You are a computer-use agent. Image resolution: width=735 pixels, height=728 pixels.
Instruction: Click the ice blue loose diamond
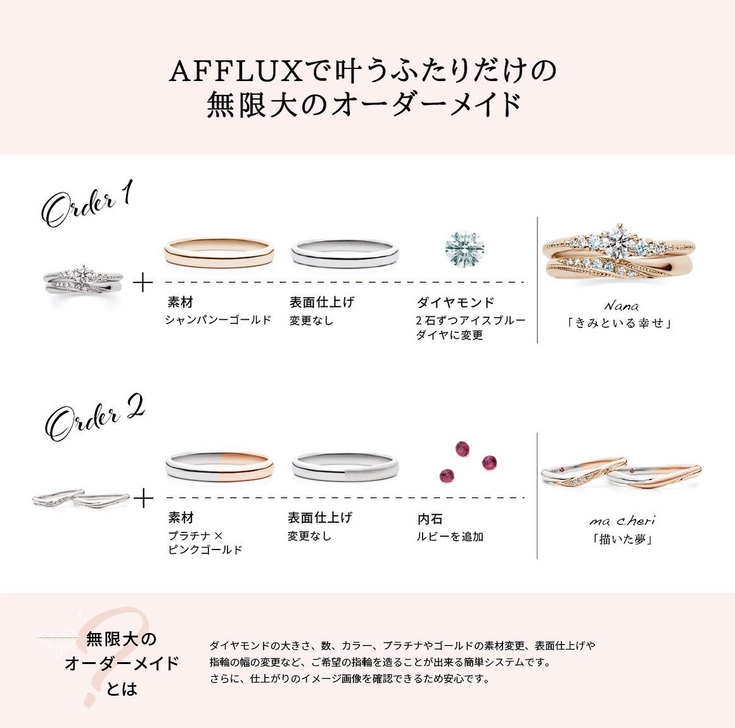[x=464, y=248]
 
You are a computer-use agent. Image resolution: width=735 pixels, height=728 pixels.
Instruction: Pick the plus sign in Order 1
[x=143, y=283]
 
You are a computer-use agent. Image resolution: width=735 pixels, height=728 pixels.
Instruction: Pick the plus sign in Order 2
[x=143, y=498]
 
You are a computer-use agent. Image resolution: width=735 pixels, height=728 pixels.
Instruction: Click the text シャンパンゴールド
[x=219, y=320]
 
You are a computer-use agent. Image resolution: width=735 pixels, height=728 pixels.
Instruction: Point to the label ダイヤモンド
[x=456, y=303]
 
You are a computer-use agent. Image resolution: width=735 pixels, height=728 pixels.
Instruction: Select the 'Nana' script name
[x=622, y=306]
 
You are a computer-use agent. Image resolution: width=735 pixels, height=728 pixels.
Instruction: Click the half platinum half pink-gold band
[x=219, y=466]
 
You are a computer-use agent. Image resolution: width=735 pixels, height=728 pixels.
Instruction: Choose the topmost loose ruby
[x=463, y=448]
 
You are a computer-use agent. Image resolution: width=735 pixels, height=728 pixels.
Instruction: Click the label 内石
[x=430, y=518]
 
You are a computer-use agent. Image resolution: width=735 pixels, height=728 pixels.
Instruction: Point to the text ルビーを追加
[x=450, y=536]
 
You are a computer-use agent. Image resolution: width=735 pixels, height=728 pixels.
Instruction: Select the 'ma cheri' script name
[x=622, y=521]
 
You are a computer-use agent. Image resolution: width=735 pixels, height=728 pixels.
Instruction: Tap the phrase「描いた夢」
[x=622, y=539]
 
